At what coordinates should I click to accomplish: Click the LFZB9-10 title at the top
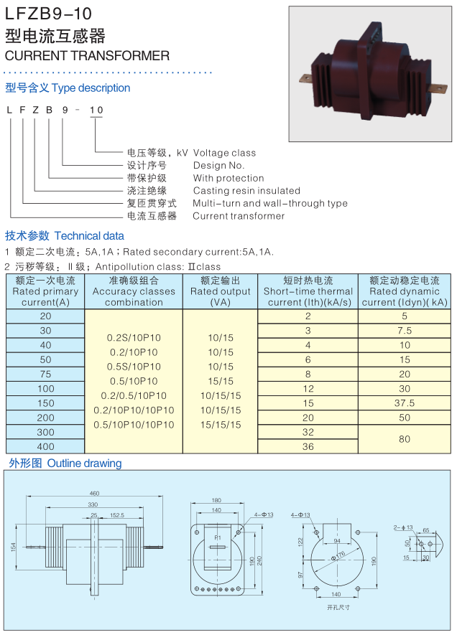point(48,14)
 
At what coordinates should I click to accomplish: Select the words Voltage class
point(224,153)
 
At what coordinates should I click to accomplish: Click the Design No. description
point(218,165)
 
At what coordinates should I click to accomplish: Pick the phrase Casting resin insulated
point(246,190)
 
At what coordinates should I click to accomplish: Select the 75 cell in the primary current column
point(45,375)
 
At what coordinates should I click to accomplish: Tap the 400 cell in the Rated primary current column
point(45,447)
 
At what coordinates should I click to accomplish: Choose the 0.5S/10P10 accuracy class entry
point(134,367)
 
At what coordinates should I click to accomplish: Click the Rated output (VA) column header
point(220,291)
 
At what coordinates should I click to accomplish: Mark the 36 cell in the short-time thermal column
point(308,446)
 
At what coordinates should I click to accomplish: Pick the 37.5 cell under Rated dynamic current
point(405,403)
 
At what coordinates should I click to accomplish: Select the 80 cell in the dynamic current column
point(405,439)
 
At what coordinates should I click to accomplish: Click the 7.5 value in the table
point(405,331)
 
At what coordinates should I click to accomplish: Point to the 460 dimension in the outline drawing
point(94,493)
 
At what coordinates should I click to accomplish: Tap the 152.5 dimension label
point(117,515)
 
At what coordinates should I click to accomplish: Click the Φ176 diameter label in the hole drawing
point(338,555)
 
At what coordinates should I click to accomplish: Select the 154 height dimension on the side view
point(14,547)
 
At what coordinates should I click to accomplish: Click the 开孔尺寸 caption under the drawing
point(338,608)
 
